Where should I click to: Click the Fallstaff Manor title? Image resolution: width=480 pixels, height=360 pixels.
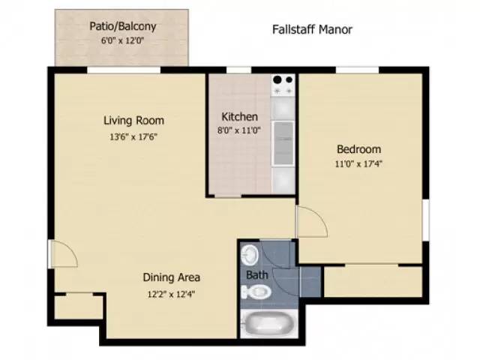point(312,30)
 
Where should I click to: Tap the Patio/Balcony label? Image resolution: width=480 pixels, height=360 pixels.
point(123,26)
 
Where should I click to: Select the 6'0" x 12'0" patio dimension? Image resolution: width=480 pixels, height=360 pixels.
point(122,40)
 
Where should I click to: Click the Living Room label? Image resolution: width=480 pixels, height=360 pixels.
point(133,120)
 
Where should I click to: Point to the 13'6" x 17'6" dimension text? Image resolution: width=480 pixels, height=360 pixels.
point(133,136)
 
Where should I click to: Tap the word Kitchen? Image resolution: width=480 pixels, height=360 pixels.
point(239,117)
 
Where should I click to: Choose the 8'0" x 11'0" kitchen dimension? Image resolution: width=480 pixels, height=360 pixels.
point(238,130)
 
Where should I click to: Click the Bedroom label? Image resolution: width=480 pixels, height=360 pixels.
point(358,149)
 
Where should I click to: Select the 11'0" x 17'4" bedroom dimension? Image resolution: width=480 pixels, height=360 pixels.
point(358,163)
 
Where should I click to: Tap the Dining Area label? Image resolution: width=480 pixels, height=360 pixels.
point(172,277)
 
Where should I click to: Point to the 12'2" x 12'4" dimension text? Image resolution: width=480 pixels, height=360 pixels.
point(172,294)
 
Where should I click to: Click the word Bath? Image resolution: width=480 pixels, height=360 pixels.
point(257,275)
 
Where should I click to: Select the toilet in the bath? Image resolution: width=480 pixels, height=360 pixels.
point(256,292)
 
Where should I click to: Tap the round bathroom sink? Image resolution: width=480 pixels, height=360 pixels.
point(250,255)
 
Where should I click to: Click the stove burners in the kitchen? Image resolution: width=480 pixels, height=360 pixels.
point(283,85)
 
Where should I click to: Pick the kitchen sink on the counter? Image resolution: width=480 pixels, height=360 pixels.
point(283,143)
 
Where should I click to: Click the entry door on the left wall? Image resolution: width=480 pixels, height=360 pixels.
point(63,253)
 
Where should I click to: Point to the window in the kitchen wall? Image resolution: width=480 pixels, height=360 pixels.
point(238,70)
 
